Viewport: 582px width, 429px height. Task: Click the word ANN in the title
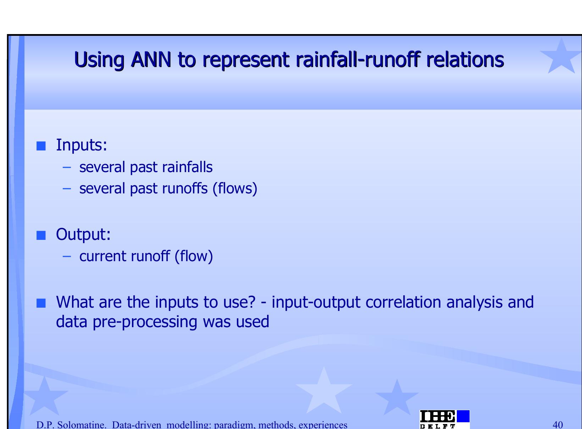pyautogui.click(x=151, y=60)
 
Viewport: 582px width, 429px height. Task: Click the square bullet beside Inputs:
pyautogui.click(x=41, y=146)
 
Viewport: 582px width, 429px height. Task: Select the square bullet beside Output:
pyautogui.click(x=41, y=235)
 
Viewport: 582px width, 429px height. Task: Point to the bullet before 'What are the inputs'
pyautogui.click(x=41, y=303)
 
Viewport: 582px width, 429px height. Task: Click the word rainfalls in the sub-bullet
pyautogui.click(x=187, y=167)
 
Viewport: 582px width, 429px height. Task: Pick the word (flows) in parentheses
pyautogui.click(x=235, y=188)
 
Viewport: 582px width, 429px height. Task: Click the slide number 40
pyautogui.click(x=558, y=425)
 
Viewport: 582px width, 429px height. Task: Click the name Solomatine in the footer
pyautogui.click(x=82, y=425)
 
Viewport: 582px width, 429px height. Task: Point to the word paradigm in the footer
pyautogui.click(x=233, y=425)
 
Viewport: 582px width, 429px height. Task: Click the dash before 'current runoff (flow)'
pyautogui.click(x=67, y=257)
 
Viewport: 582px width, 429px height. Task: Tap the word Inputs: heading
pyautogui.click(x=82, y=145)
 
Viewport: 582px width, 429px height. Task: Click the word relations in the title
pyautogui.click(x=465, y=60)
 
